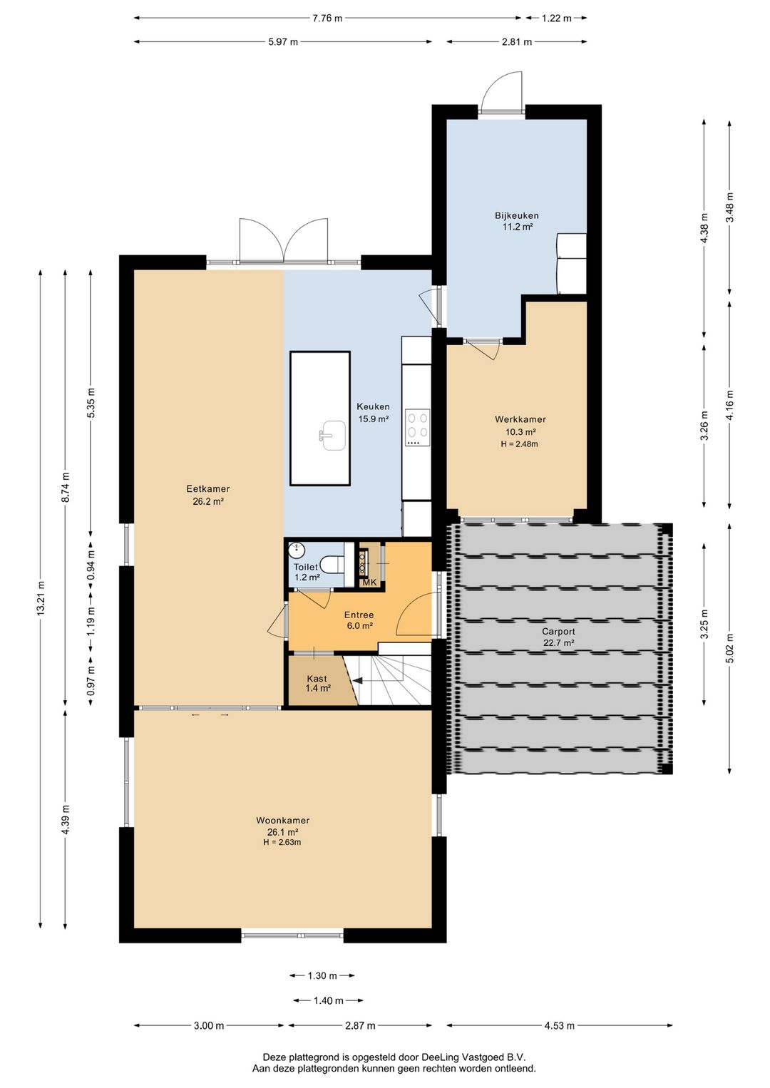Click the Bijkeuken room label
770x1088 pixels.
pyautogui.click(x=516, y=215)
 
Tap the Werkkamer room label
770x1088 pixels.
pyautogui.click(x=520, y=419)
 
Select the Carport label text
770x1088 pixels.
pyautogui.click(x=558, y=632)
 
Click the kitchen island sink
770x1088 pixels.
pyautogui.click(x=332, y=435)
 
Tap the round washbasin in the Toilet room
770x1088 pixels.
pyautogui.click(x=296, y=551)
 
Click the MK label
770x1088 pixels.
pyautogui.click(x=370, y=583)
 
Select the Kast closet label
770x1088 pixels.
pyautogui.click(x=317, y=679)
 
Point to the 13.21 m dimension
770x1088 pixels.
pyautogui.click(x=41, y=598)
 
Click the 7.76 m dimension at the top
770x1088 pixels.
pyautogui.click(x=327, y=19)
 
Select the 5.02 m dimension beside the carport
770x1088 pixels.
pyautogui.click(x=729, y=648)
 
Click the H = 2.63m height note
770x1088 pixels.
pyautogui.click(x=282, y=842)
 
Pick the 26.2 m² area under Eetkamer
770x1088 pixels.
pyautogui.click(x=208, y=502)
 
